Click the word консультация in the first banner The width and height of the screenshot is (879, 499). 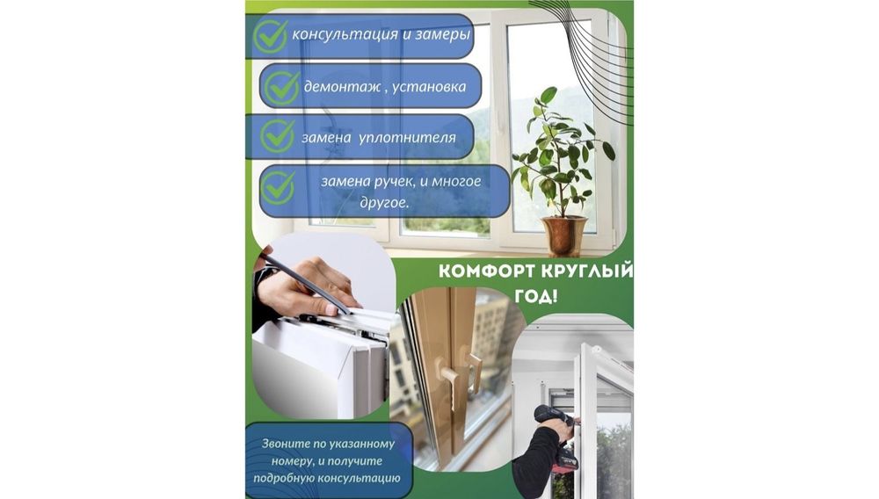click(x=345, y=35)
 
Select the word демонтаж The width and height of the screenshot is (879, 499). click(x=342, y=87)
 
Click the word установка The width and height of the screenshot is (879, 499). click(x=429, y=87)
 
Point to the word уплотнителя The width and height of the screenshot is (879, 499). click(x=406, y=138)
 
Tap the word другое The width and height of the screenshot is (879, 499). click(x=384, y=202)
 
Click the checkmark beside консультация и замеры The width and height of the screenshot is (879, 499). click(x=271, y=35)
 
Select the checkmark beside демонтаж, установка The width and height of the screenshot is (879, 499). click(x=282, y=87)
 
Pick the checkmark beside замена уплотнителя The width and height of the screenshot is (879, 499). click(x=278, y=136)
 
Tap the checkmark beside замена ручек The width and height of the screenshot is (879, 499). click(x=278, y=188)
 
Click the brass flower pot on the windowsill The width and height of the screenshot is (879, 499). click(x=564, y=235)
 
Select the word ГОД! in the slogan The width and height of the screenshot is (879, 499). click(x=536, y=296)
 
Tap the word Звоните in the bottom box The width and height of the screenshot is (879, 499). click(x=286, y=445)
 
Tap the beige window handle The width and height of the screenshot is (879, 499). click(x=459, y=372)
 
